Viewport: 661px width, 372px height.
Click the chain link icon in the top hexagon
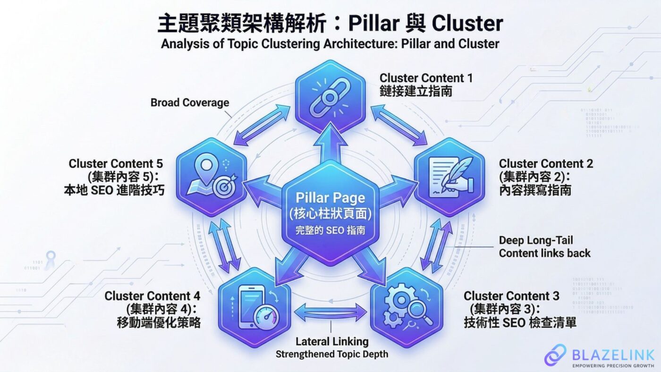click(x=330, y=94)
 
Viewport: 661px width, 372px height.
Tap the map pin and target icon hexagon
click(x=212, y=178)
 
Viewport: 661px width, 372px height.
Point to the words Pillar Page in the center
click(x=330, y=197)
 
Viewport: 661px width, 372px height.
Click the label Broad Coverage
click(x=190, y=102)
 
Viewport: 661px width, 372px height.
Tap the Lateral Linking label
click(x=331, y=341)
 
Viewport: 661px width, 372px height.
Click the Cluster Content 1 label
click(x=426, y=77)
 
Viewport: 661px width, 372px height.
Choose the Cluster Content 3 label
click(x=511, y=296)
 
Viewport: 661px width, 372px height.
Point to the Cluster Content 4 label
click(x=153, y=296)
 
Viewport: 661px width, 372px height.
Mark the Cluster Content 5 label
click(x=116, y=164)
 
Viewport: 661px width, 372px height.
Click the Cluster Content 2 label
click(x=546, y=164)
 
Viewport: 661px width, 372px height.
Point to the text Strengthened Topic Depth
click(x=331, y=354)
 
